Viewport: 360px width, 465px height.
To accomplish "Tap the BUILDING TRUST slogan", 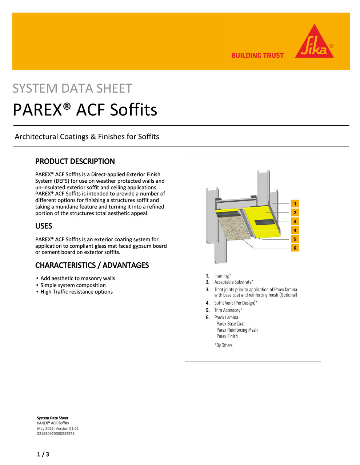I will click(257, 56).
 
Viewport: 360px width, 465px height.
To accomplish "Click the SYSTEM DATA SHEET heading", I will click(72, 89).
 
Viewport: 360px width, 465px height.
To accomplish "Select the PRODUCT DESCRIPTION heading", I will click(75, 161).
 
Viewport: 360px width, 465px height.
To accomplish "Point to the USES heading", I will click(44, 226).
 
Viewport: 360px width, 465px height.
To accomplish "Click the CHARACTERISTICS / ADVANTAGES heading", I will click(92, 265).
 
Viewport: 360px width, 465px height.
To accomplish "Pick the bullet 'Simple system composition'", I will click(73, 285).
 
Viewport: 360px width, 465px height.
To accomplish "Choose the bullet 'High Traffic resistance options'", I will click(76, 292).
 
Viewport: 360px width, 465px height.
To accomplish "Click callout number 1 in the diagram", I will click(295, 204).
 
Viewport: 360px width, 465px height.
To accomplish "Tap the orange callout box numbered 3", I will click(295, 222).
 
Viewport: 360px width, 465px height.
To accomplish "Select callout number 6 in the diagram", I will click(295, 248).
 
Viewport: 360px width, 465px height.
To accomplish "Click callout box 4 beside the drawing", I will click(295, 230).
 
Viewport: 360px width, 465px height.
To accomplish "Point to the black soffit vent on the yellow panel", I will click(264, 222).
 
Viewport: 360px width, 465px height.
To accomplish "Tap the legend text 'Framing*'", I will click(223, 276).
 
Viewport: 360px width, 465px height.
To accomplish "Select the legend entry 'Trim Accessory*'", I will click(228, 310).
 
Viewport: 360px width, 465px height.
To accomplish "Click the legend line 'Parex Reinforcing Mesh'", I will click(237, 330).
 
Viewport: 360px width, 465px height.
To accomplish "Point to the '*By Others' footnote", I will click(224, 345).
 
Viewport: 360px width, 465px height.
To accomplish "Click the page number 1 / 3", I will click(43, 454).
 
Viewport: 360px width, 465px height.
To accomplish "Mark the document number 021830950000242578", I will click(56, 433).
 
